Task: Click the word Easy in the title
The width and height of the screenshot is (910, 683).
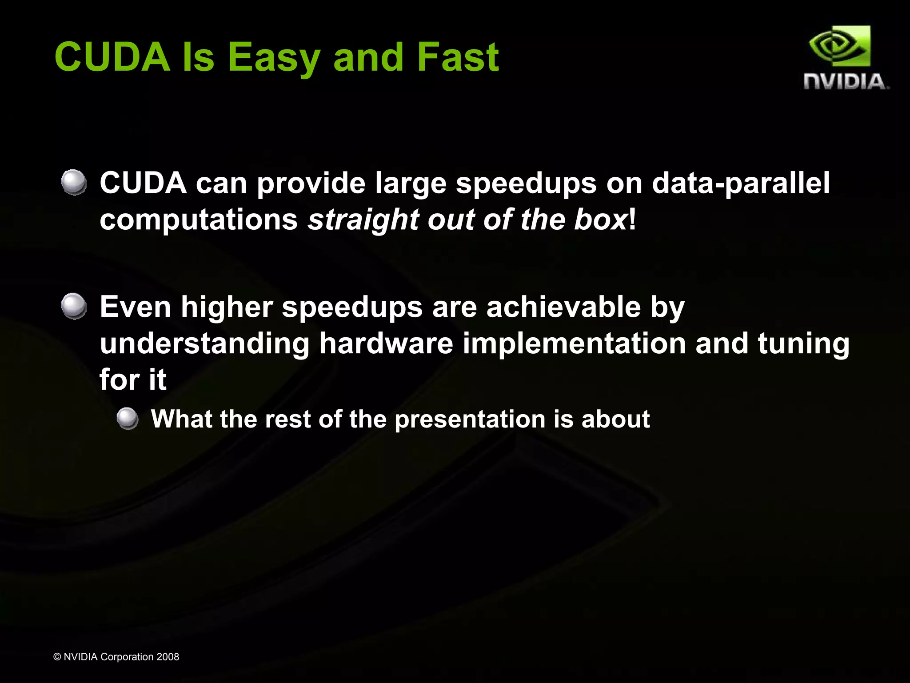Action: (x=274, y=57)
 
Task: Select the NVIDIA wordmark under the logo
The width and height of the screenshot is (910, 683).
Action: (x=845, y=82)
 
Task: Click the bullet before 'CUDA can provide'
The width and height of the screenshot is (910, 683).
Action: (x=74, y=182)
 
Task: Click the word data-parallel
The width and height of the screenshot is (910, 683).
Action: (x=740, y=183)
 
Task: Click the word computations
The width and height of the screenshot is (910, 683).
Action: (x=199, y=220)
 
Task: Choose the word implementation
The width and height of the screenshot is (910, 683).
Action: (x=574, y=344)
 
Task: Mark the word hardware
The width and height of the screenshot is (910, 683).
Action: (x=386, y=344)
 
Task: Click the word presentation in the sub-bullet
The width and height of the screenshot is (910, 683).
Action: (x=470, y=419)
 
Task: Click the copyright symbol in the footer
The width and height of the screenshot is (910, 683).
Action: (x=57, y=657)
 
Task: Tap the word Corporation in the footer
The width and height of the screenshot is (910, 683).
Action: (x=127, y=657)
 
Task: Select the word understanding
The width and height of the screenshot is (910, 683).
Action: (x=204, y=344)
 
